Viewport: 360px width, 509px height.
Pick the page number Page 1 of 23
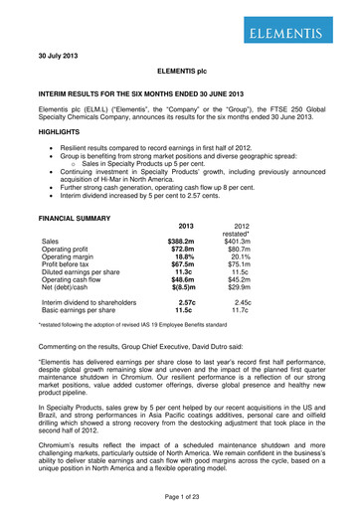click(x=180, y=497)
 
